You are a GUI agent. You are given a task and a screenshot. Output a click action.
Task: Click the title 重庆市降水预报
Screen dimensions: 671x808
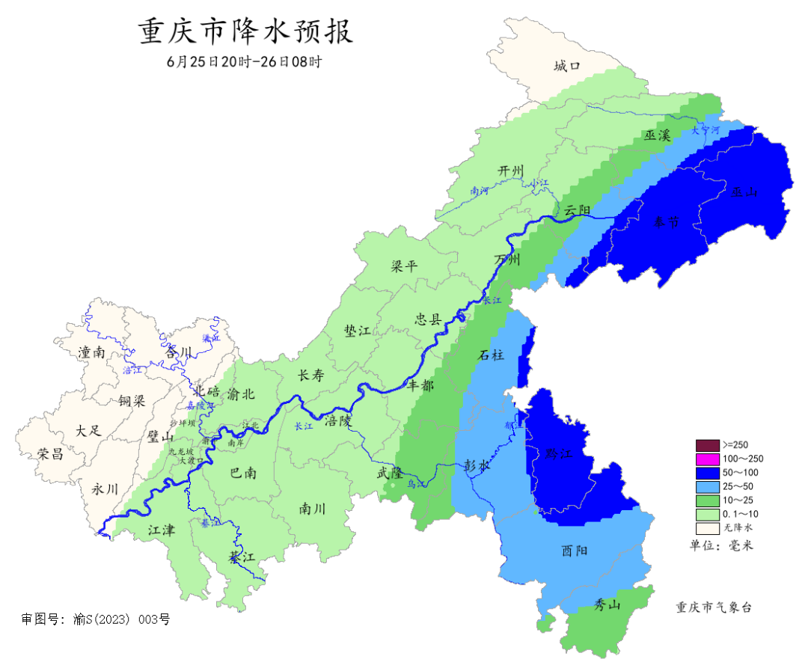click(x=245, y=32)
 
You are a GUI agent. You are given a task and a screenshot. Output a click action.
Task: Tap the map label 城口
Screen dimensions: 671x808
click(x=567, y=67)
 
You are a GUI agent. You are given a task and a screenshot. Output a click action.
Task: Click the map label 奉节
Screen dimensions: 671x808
click(x=665, y=222)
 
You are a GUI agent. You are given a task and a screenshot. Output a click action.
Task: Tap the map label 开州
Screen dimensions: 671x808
click(x=512, y=171)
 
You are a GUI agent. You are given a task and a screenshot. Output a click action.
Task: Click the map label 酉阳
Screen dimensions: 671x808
click(x=574, y=551)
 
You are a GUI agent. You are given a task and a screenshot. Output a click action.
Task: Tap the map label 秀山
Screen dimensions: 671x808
click(x=607, y=604)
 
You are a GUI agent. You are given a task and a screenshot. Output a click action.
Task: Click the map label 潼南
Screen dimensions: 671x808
click(x=91, y=352)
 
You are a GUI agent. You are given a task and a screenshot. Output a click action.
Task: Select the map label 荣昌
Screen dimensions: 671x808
click(x=50, y=453)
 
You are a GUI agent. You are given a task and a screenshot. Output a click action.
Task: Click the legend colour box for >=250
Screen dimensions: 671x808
click(x=707, y=444)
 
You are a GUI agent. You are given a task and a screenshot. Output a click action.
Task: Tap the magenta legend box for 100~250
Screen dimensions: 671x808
click(x=707, y=459)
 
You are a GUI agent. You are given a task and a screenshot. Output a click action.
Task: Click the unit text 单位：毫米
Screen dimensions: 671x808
click(x=720, y=545)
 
